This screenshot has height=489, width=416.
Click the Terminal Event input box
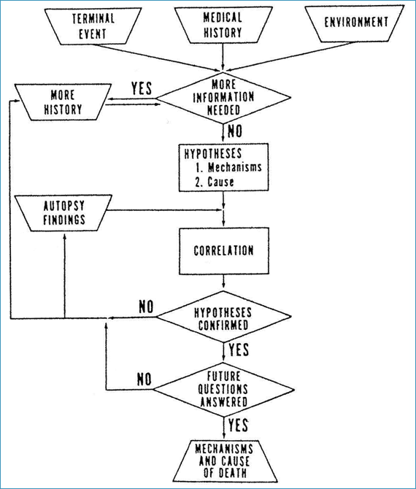tap(93, 26)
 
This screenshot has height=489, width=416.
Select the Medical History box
tap(223, 25)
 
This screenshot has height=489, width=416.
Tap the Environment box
tap(355, 23)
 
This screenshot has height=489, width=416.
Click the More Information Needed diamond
tap(223, 97)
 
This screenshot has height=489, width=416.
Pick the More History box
tap(63, 102)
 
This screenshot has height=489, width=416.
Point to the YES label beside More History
tap(142, 88)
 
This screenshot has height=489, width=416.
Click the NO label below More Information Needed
tap(234, 131)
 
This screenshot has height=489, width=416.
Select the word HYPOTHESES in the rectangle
tap(213, 153)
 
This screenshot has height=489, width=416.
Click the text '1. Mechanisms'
tap(228, 167)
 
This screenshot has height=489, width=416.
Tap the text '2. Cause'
tap(215, 182)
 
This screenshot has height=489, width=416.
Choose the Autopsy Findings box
tap(63, 213)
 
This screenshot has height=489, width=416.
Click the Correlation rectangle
tap(224, 251)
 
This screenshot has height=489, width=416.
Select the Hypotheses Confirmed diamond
tap(223, 317)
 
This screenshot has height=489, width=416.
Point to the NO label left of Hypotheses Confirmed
tap(146, 307)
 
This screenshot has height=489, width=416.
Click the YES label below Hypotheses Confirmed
tap(239, 350)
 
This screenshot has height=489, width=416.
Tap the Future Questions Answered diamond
tap(223, 390)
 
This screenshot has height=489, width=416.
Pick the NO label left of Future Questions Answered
tap(144, 380)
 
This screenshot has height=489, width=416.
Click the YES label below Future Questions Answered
tap(238, 425)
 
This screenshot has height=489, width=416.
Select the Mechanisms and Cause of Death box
tap(225, 461)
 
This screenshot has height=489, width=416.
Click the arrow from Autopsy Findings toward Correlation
tap(164, 210)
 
